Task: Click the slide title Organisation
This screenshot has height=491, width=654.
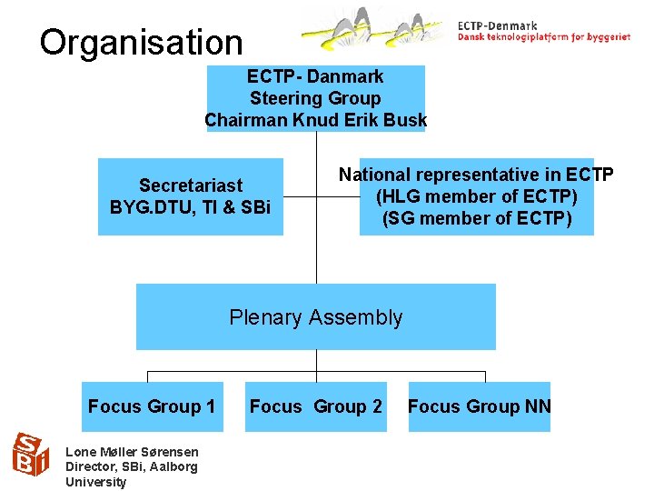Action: (x=142, y=42)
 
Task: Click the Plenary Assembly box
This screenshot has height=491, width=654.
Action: (x=315, y=317)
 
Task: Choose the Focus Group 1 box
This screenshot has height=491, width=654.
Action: (x=151, y=406)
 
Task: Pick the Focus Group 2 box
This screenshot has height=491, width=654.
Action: (x=315, y=406)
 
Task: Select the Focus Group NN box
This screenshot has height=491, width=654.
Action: (x=479, y=406)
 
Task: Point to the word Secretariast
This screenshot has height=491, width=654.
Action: (x=191, y=185)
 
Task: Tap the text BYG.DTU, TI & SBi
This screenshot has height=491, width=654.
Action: (x=190, y=206)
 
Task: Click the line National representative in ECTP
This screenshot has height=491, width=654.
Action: (x=476, y=175)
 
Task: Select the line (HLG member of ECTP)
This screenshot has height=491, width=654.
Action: (x=476, y=196)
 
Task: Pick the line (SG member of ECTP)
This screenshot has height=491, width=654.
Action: (x=476, y=218)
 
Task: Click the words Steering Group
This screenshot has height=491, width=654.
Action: (x=315, y=98)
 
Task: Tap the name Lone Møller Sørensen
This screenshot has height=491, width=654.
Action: (x=133, y=452)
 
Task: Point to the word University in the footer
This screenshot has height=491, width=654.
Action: (x=96, y=482)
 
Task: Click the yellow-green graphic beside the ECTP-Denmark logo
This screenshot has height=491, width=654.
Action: (x=377, y=27)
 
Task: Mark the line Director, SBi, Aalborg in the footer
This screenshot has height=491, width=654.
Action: (x=131, y=466)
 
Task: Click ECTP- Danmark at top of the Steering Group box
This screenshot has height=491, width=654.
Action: (x=315, y=76)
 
